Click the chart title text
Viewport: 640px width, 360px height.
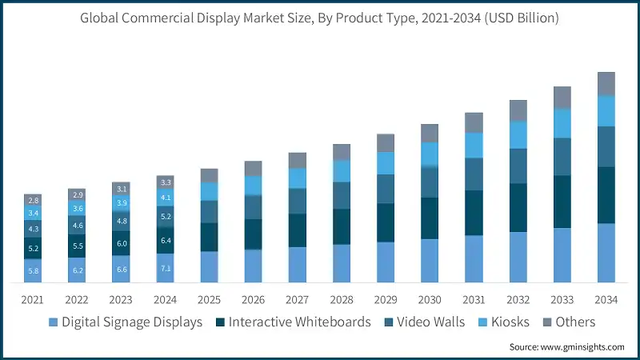point(320,18)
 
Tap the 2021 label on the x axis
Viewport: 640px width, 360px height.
point(33,299)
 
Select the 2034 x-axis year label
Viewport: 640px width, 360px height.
point(606,299)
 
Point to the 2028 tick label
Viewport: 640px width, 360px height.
point(342,299)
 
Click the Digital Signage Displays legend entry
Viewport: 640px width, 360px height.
point(126,322)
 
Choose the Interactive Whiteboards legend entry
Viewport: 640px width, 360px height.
point(293,322)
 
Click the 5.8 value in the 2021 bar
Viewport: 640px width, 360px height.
point(33,271)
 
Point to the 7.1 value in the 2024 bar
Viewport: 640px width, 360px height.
point(166,268)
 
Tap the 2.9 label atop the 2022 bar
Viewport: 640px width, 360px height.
point(78,194)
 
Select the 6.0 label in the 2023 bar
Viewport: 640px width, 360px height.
point(122,243)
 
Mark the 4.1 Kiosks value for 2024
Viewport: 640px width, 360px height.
point(166,197)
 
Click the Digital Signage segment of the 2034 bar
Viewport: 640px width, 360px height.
point(606,253)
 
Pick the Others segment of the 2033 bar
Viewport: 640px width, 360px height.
point(562,98)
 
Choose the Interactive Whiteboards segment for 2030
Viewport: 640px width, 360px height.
point(430,218)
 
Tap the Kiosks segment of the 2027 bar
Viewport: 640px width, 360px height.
point(298,178)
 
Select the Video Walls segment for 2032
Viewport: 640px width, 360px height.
point(518,166)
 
